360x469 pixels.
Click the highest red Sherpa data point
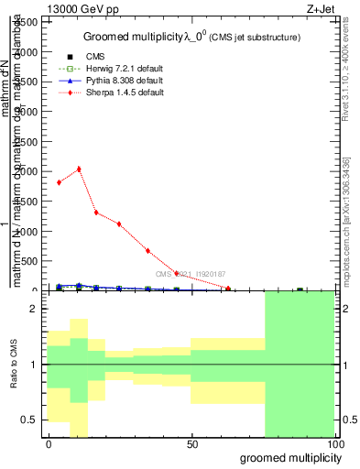pos(79,169)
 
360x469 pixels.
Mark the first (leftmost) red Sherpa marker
pos(60,182)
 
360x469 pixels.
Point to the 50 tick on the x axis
pos(192,444)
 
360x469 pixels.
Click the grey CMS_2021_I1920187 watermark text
pos(191,274)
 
